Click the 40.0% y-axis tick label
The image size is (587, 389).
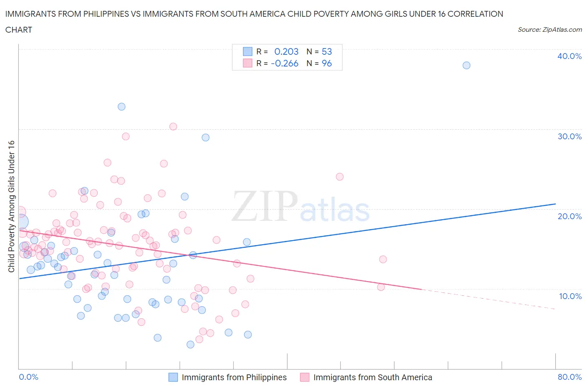(x=569, y=56)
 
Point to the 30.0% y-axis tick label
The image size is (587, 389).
(x=569, y=136)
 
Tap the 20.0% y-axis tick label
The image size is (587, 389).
(x=569, y=216)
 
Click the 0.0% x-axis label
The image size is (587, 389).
(x=28, y=377)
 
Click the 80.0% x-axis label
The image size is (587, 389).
(x=569, y=377)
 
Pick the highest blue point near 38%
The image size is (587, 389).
(x=466, y=65)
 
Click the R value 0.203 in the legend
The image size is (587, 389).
(x=286, y=51)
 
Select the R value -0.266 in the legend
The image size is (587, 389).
(x=284, y=63)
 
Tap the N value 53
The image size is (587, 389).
(x=326, y=51)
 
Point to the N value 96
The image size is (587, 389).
(x=326, y=63)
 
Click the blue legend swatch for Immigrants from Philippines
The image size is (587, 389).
(x=173, y=377)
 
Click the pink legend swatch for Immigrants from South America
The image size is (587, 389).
(x=305, y=377)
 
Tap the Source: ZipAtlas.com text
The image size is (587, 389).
(x=549, y=29)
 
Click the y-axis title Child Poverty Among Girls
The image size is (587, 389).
(x=12, y=206)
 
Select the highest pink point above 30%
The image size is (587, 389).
(x=173, y=126)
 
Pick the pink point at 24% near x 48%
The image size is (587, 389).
(x=339, y=177)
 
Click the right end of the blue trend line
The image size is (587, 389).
(x=555, y=204)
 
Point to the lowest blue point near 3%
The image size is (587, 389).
(x=190, y=344)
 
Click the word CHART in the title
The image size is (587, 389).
(x=19, y=30)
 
